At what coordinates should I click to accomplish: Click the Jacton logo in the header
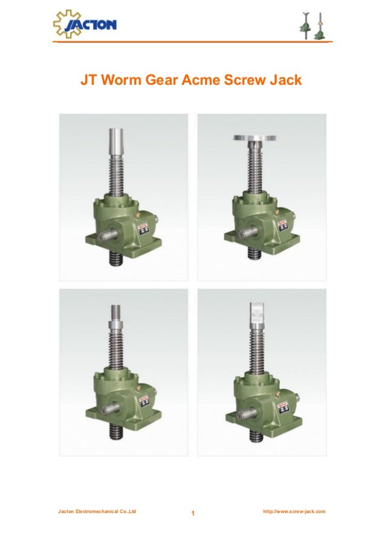coord(85,24)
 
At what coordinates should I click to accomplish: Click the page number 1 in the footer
coord(192,515)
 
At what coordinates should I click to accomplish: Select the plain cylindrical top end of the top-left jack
coord(116,141)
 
